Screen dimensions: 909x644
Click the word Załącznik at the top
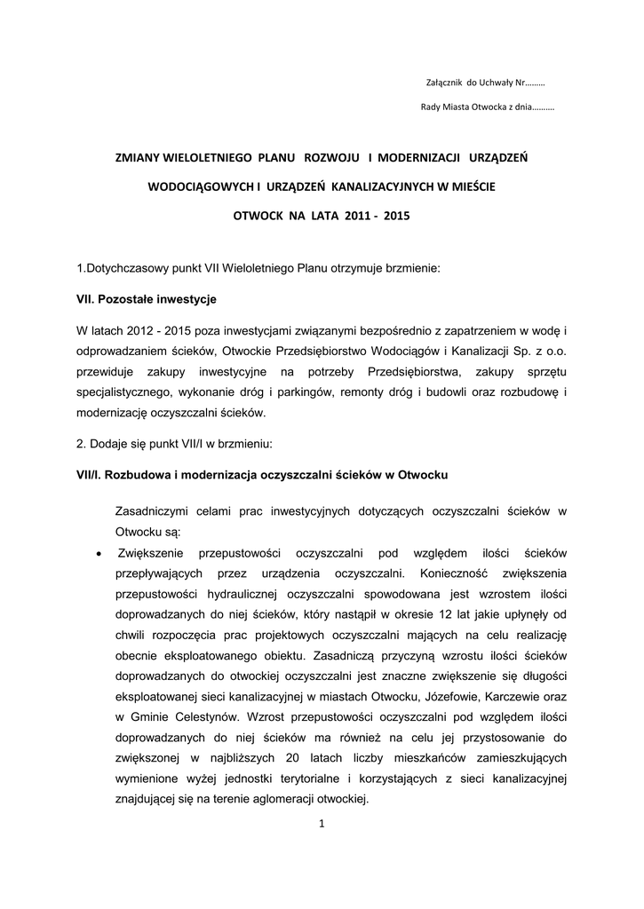pyautogui.click(x=446, y=83)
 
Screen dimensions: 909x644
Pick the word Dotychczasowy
pyautogui.click(x=124, y=267)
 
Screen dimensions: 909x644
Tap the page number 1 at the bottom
pyautogui.click(x=322, y=824)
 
